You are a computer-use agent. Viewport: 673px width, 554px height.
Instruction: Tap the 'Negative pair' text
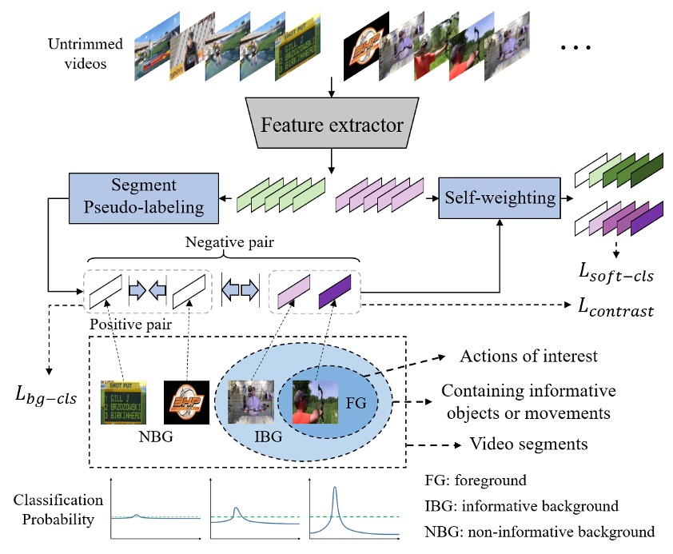226,241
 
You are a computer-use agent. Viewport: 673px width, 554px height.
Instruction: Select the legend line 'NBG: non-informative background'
540,531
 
